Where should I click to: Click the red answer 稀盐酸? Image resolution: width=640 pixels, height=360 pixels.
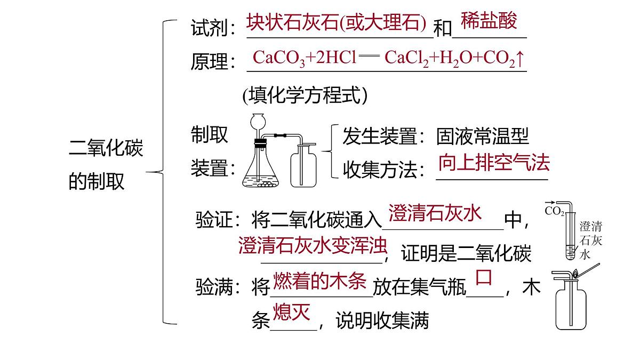pos(489,21)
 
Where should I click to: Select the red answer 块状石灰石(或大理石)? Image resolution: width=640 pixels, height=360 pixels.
pos(337,22)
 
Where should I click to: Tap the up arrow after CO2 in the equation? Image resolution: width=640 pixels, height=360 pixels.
pos(521,59)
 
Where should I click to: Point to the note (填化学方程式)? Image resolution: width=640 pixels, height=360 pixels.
pos(305,95)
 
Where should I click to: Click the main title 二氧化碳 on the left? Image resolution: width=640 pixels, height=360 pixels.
pos(106,148)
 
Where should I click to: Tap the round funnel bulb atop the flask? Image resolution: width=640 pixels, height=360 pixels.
pos(258,122)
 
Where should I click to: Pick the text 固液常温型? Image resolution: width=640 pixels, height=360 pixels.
pos(483,137)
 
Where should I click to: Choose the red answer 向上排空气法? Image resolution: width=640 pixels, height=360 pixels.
pos(494,162)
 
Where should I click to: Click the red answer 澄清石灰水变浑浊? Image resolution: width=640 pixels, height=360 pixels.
pos(313,245)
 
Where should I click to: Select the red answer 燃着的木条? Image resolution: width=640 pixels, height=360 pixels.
pos(319,281)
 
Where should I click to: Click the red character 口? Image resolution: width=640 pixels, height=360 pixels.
pos(484,277)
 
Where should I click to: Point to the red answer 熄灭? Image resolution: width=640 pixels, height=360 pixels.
pos(292,312)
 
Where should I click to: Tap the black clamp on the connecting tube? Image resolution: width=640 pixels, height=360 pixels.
pos(280,135)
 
